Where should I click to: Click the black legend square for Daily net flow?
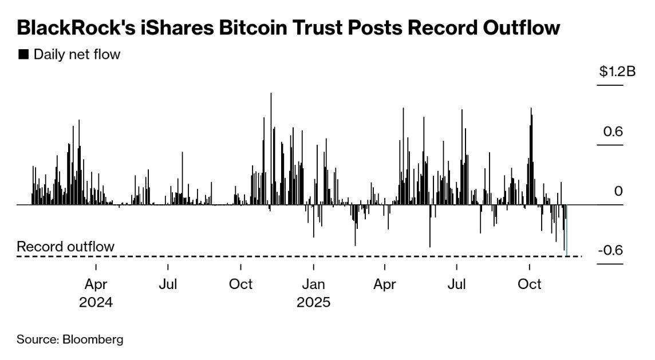tap(23, 54)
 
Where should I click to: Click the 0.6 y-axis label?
tap(613, 132)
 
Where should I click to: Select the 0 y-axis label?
tap(618, 191)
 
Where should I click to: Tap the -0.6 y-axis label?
tap(610, 251)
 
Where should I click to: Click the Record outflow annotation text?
tap(65, 247)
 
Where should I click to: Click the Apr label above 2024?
tap(96, 284)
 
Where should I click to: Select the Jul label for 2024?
tap(168, 284)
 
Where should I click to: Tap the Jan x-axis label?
tap(313, 284)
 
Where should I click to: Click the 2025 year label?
tap(313, 302)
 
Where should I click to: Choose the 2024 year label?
tap(96, 302)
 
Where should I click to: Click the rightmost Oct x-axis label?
tap(530, 284)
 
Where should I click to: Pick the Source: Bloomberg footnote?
tap(70, 339)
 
